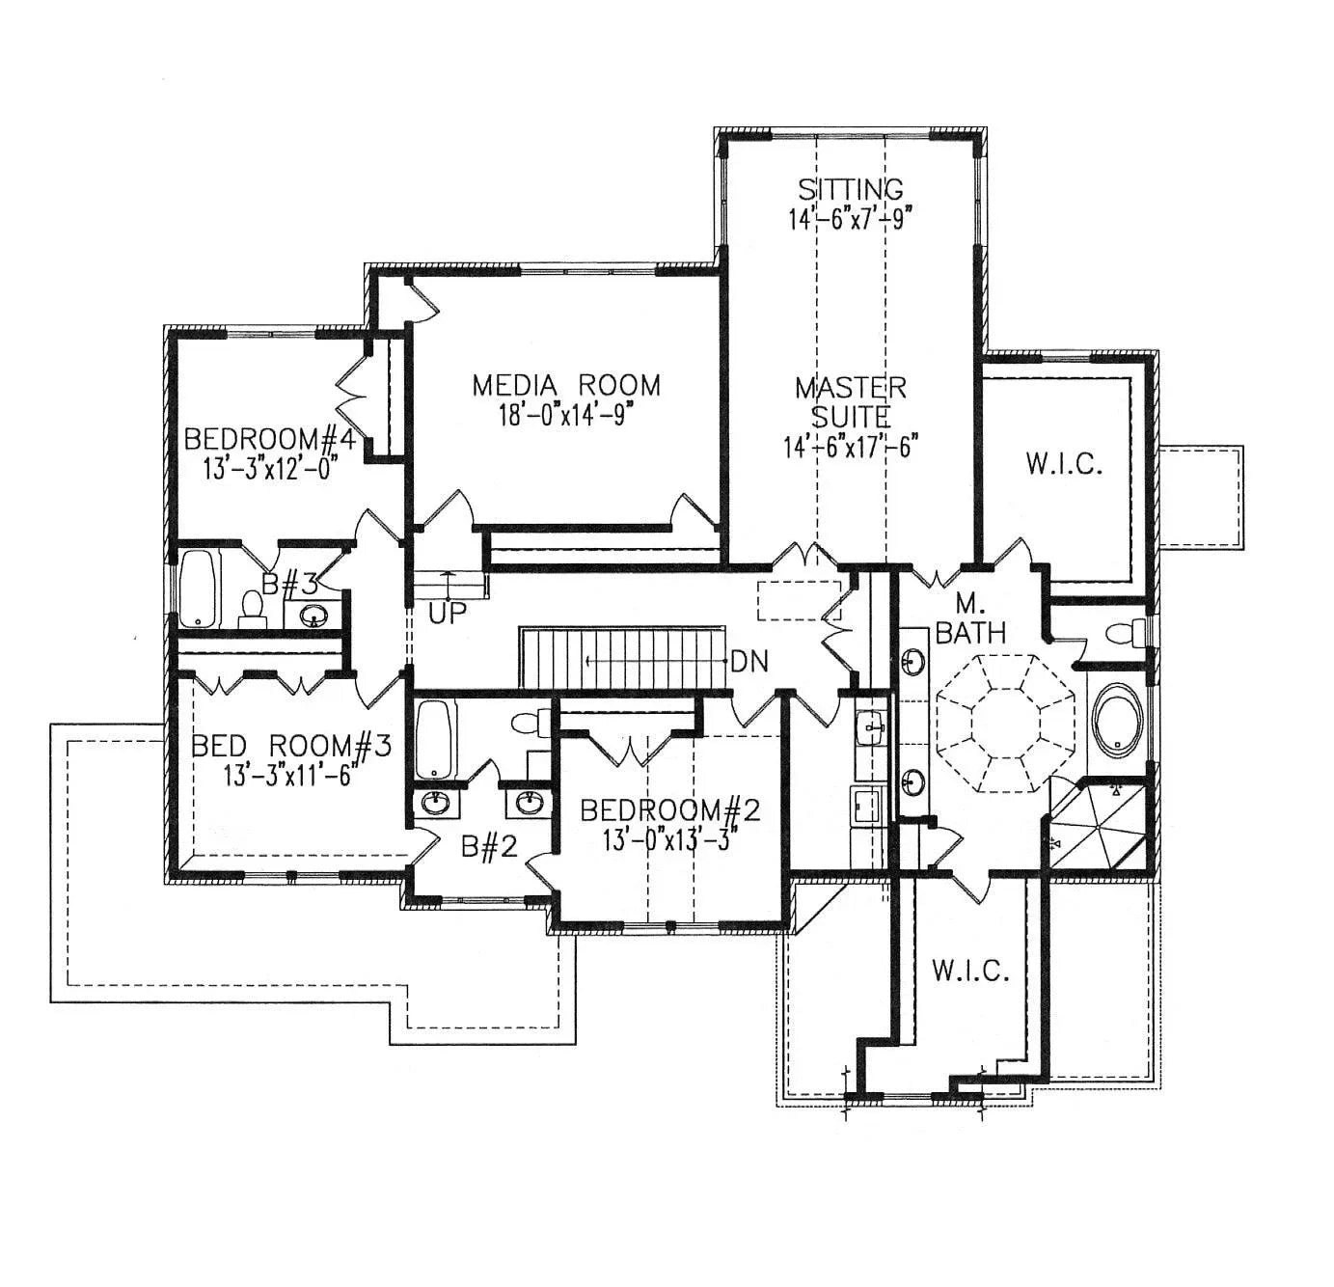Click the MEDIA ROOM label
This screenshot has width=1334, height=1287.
coord(566,385)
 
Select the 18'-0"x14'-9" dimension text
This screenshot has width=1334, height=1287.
coord(566,414)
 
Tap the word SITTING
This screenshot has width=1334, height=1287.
coord(850,188)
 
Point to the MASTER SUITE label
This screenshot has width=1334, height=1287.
coord(850,401)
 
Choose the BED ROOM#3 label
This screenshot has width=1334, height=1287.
coord(290,746)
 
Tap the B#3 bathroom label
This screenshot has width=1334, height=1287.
coord(291,584)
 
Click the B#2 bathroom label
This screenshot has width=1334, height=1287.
coord(489,847)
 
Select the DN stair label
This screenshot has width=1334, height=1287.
coord(749,662)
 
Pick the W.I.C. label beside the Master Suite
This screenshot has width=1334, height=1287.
coord(1063,465)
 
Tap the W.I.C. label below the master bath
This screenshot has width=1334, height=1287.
coord(970,971)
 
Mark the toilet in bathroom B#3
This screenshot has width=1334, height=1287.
coord(252,609)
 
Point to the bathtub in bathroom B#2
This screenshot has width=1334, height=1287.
coord(436,740)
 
